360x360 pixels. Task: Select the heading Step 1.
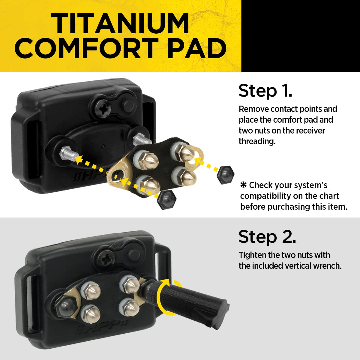click(x=265, y=91)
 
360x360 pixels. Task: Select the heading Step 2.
click(x=267, y=237)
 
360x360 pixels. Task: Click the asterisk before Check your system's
click(x=243, y=185)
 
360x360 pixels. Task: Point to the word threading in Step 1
click(x=257, y=141)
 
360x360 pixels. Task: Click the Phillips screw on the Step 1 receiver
click(x=102, y=108)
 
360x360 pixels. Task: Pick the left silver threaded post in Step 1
click(x=68, y=155)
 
